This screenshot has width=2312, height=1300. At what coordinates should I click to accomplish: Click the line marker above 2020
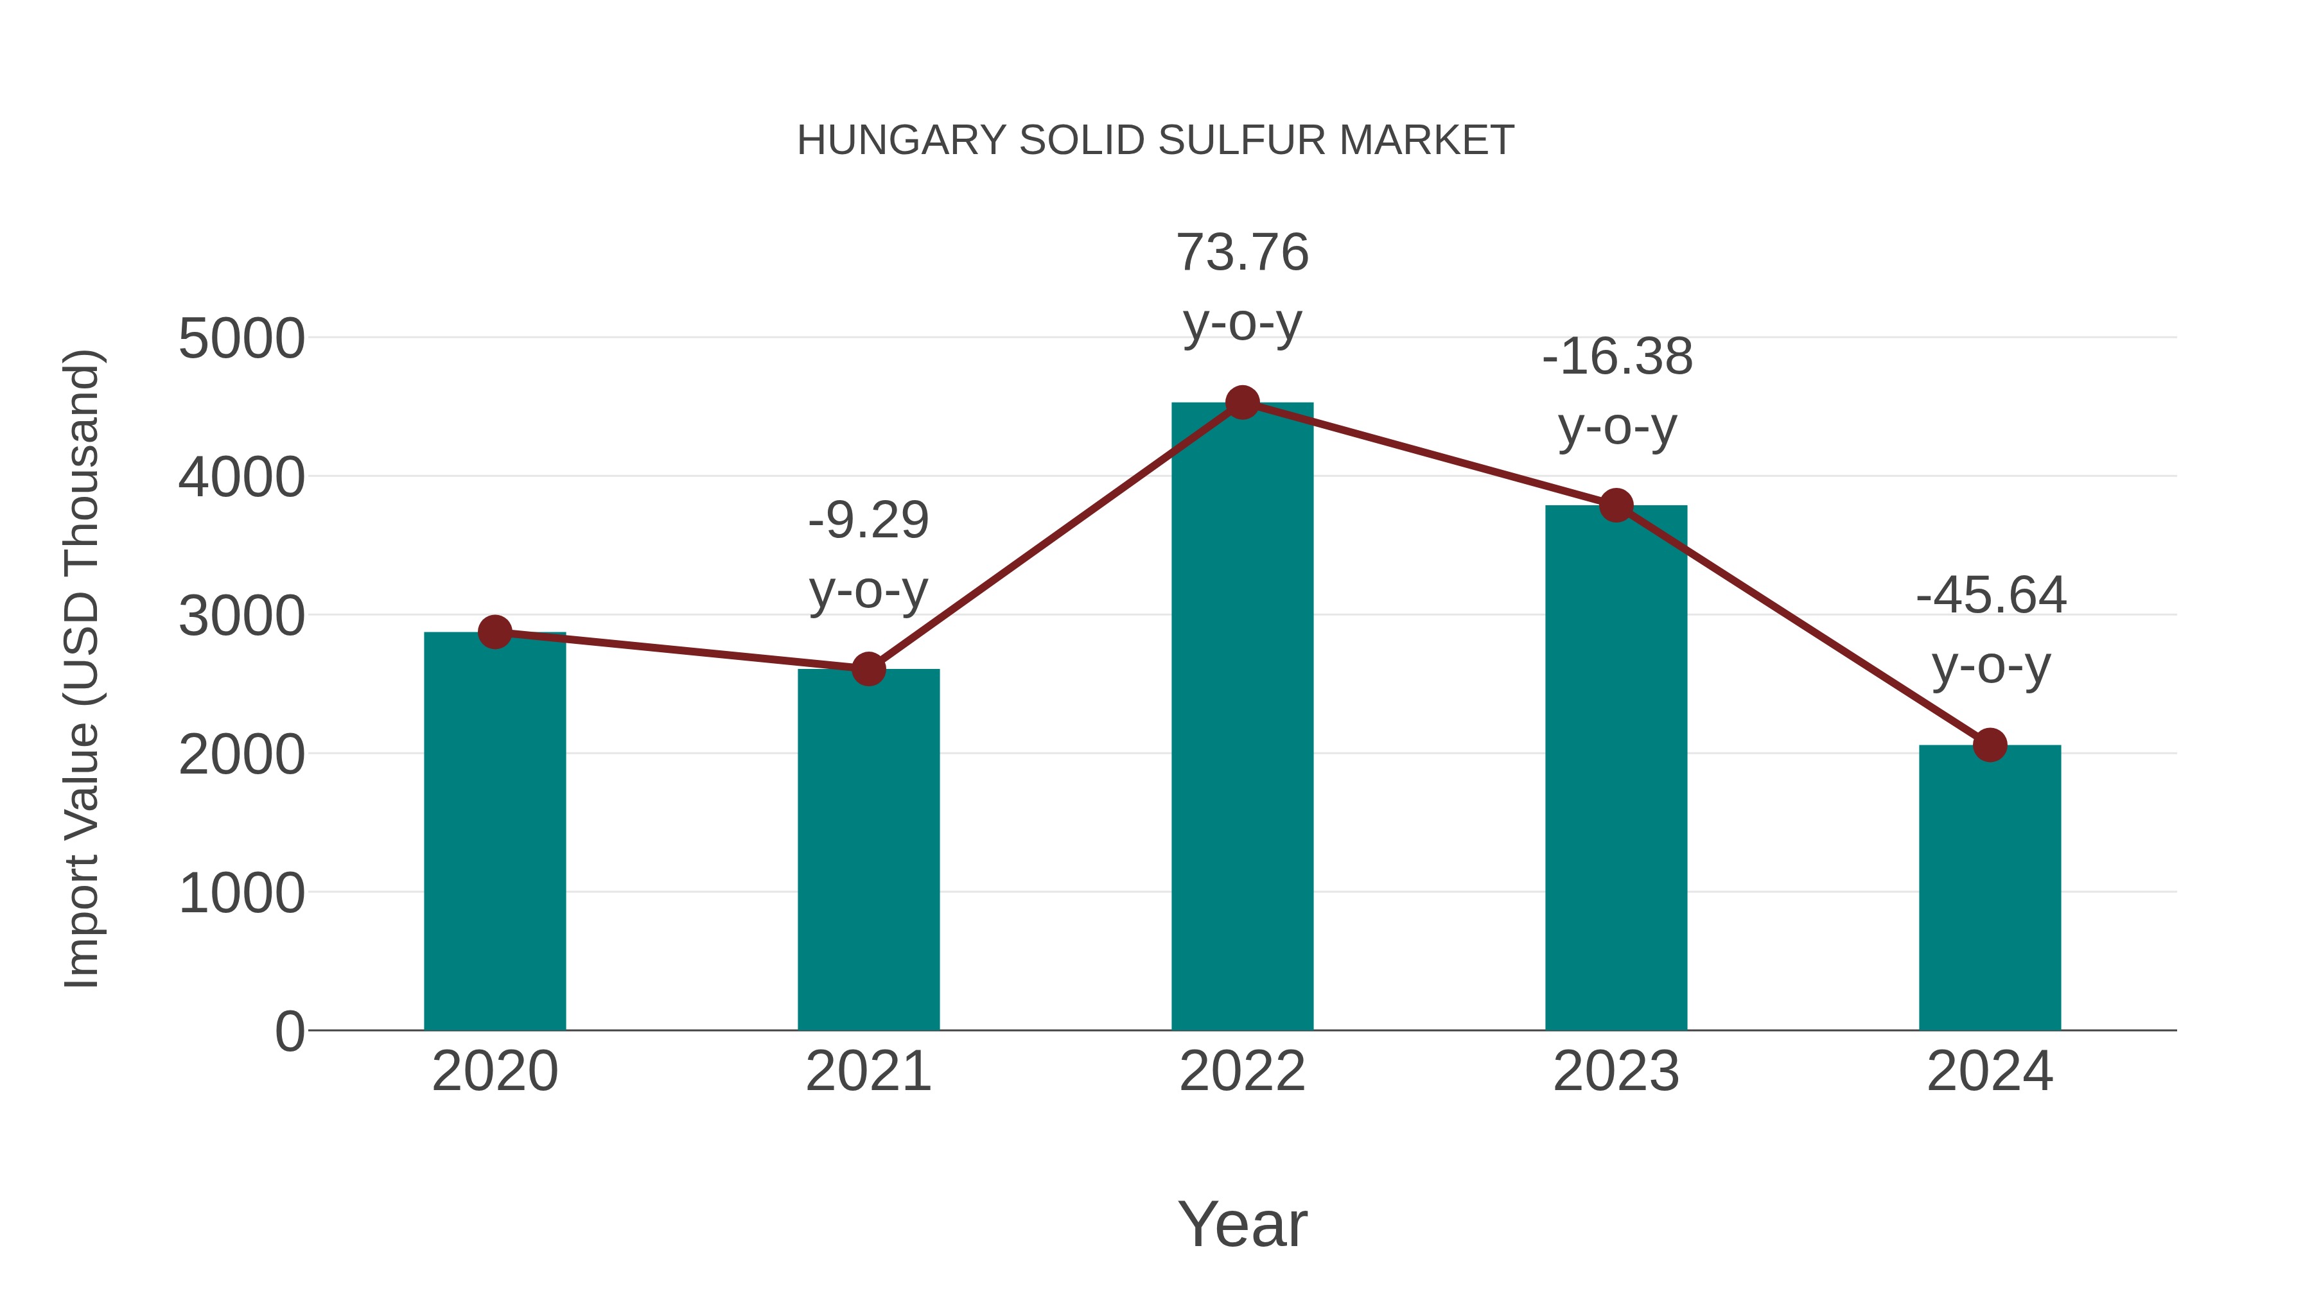[x=495, y=632]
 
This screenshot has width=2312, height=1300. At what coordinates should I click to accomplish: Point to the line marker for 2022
[x=1242, y=403]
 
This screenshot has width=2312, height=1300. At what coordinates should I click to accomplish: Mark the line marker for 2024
[x=1990, y=745]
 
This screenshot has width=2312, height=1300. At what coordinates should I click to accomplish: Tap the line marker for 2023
[x=1616, y=506]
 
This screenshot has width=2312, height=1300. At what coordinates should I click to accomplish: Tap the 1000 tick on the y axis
[x=241, y=894]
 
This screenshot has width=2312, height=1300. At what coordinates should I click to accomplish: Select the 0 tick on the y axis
[x=290, y=1031]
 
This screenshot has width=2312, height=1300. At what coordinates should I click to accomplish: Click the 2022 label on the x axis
[x=1242, y=1071]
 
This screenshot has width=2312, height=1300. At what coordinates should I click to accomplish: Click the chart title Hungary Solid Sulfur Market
[x=1155, y=141]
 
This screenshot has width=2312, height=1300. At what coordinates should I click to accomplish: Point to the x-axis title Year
[x=1242, y=1224]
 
